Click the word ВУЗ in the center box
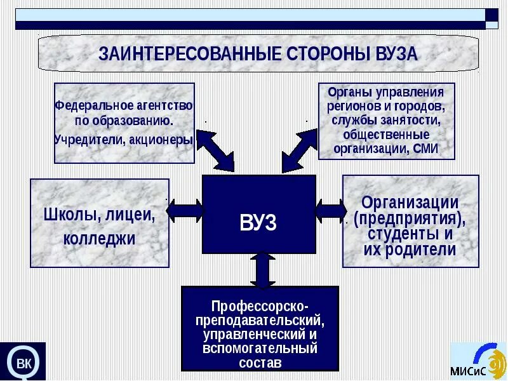(x=258, y=223)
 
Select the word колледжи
(x=100, y=239)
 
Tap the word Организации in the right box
(x=410, y=203)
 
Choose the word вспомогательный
(x=260, y=349)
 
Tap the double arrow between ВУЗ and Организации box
(x=330, y=210)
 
